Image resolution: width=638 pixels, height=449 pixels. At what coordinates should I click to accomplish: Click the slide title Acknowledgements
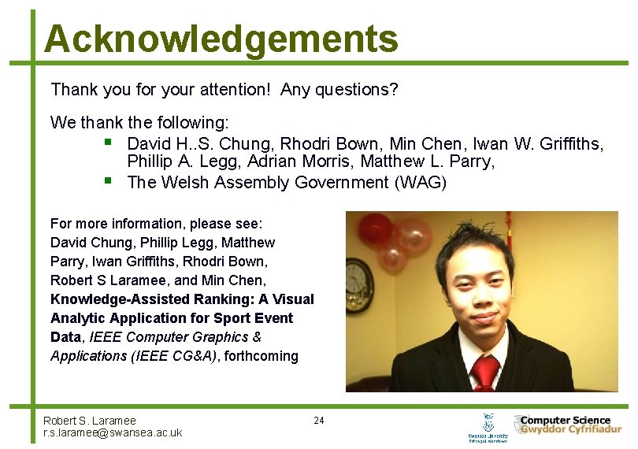[221, 39]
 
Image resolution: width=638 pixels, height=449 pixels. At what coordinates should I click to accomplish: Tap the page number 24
[318, 420]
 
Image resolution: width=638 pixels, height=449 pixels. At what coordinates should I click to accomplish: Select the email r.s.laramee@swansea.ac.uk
[113, 432]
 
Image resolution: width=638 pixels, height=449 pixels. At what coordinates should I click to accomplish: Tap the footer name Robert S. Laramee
[89, 421]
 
